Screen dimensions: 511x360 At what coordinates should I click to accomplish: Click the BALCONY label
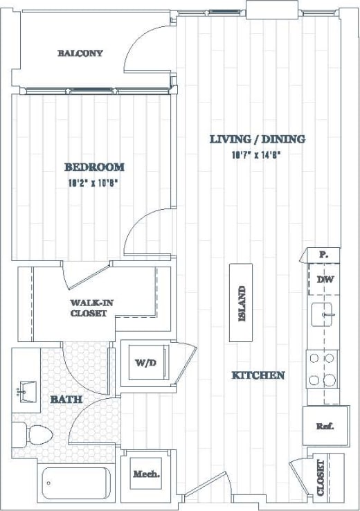click(80, 53)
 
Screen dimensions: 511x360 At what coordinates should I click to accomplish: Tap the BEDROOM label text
click(94, 167)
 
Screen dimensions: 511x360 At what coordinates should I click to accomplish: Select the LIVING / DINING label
click(257, 139)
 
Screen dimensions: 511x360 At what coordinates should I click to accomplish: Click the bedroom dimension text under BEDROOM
click(94, 183)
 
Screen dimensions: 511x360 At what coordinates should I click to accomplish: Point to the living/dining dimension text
click(257, 155)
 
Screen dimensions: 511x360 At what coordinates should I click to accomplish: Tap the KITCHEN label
click(258, 375)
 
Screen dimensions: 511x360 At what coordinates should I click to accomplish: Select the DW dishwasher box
click(324, 280)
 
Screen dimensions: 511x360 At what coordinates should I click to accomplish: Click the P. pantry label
click(323, 254)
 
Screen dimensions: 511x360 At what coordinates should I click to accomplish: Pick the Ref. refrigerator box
click(323, 426)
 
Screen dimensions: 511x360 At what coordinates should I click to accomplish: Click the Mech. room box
click(146, 474)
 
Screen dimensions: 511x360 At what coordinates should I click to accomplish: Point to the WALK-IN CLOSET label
click(89, 308)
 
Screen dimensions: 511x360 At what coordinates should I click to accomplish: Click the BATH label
click(66, 400)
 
